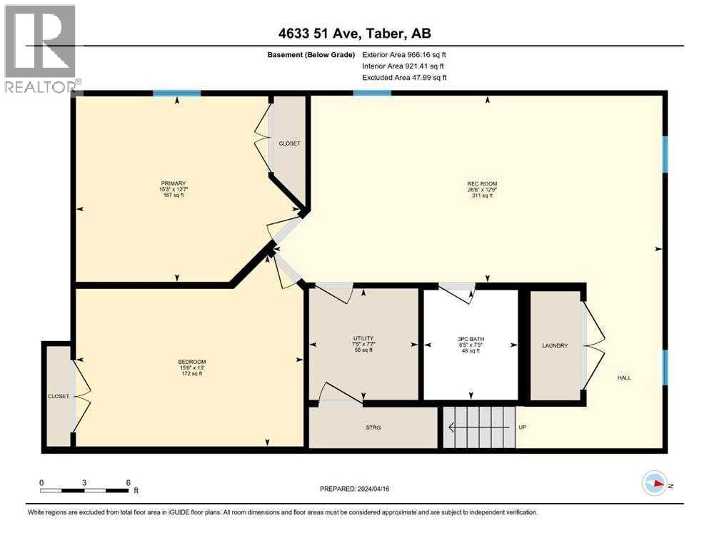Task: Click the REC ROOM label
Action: pos(487,183)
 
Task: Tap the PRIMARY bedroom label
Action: pos(173,183)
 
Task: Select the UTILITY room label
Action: pos(363,338)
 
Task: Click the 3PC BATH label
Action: pos(471,338)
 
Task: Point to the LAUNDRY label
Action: pos(555,346)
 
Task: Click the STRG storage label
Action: pos(373,427)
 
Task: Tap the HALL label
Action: pos(625,378)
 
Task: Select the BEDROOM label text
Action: pos(191,362)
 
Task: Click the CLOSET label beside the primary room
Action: pos(289,143)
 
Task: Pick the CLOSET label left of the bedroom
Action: pos(59,396)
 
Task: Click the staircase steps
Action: pos(479,427)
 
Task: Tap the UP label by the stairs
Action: pos(523,427)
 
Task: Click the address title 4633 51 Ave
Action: pos(353,33)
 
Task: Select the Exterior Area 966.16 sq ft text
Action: pos(405,54)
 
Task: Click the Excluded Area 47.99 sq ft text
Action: pos(405,77)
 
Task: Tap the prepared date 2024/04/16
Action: pos(354,489)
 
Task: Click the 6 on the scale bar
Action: pos(128,482)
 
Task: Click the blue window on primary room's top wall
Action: pos(176,93)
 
